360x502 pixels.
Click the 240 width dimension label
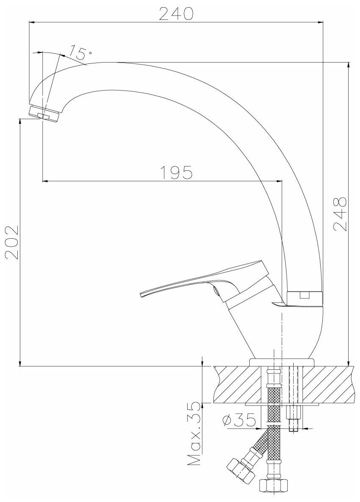pyautogui.click(x=176, y=14)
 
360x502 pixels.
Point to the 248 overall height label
pyautogui.click(x=340, y=214)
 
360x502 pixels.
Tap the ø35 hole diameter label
pyautogui.click(x=238, y=420)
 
